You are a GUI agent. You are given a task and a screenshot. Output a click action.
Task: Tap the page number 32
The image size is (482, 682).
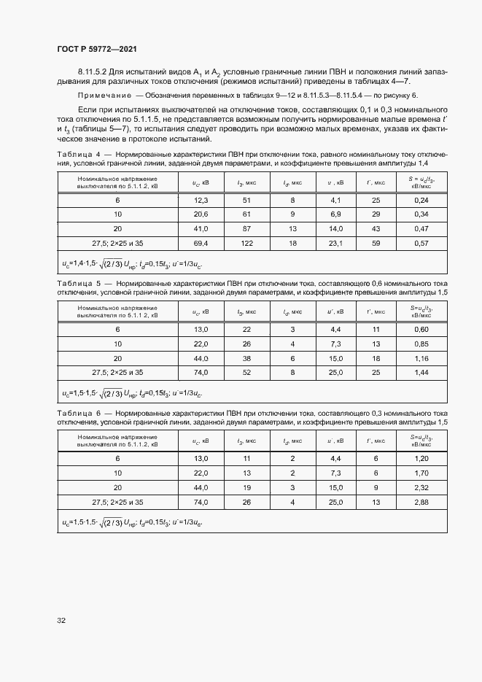tap(61, 620)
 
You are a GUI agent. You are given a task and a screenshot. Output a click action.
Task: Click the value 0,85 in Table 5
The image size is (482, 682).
tap(421, 344)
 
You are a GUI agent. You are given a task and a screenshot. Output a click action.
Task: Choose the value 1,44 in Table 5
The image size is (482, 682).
tap(421, 372)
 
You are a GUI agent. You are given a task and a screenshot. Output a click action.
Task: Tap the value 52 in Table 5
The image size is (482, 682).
tap(246, 372)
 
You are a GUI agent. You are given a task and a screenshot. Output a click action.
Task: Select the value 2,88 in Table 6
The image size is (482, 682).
tap(421, 503)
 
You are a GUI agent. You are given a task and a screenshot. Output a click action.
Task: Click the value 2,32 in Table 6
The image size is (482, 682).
tap(421, 488)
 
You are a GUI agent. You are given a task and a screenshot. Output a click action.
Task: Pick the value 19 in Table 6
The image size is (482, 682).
tap(246, 488)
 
